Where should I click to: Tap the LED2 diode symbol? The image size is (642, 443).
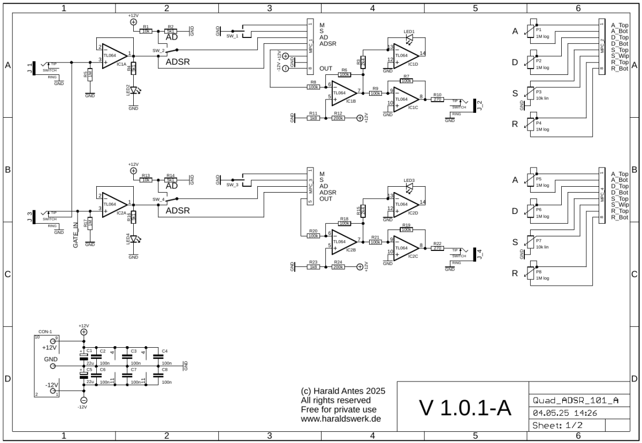point(133,91)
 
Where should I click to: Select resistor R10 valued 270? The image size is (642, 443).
point(438,100)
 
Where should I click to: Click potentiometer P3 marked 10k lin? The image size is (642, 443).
point(531,93)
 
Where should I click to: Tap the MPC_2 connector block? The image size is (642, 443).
point(602,47)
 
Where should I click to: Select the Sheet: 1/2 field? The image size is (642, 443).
point(556,425)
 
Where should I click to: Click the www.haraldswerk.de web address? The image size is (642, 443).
point(341,419)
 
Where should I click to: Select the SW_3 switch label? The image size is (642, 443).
point(232,185)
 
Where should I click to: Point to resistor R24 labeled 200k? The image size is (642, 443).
point(338,266)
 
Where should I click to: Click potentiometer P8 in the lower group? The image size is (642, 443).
point(531,272)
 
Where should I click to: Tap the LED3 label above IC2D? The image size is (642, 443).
point(409,180)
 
